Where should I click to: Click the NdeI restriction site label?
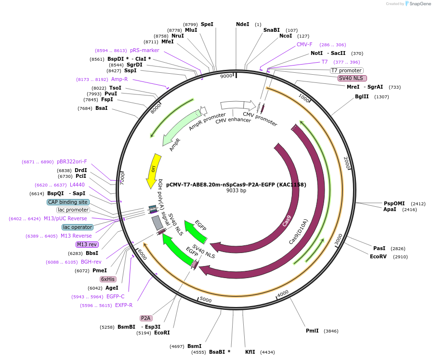pyautogui.click(x=242, y=24)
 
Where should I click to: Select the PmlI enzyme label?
pyautogui.click(x=312, y=331)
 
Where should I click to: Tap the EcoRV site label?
pyautogui.click(x=378, y=257)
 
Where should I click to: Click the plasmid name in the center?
pyautogui.click(x=236, y=184)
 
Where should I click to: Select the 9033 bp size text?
pyautogui.click(x=236, y=191)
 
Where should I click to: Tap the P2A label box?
pyautogui.click(x=146, y=318)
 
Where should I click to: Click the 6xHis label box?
pyautogui.click(x=108, y=279)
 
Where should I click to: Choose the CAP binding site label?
pyautogui.click(x=68, y=202)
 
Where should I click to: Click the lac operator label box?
pyautogui.click(x=78, y=227)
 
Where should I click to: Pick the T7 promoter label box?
pyautogui.click(x=346, y=70)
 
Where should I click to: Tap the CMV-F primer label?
pyautogui.click(x=304, y=44)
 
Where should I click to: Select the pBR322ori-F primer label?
pyautogui.click(x=72, y=162)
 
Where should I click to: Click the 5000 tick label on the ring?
pyautogui.click(x=206, y=300)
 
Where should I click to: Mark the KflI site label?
pyautogui.click(x=250, y=352)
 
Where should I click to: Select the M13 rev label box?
pyautogui.click(x=87, y=244)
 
